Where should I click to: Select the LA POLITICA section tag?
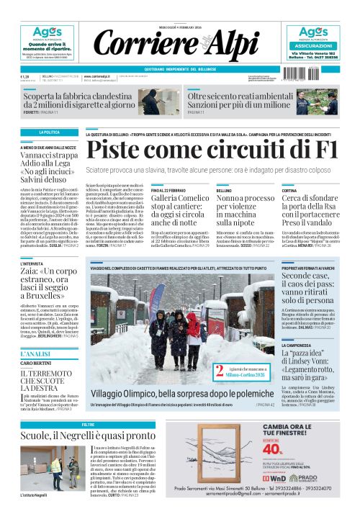pyautogui.click(x=50, y=133)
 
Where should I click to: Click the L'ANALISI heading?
pyautogui.click(x=35, y=355)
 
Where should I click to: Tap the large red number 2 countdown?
pyautogui.click(x=217, y=372)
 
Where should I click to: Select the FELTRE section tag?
pyautogui.click(x=88, y=425)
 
